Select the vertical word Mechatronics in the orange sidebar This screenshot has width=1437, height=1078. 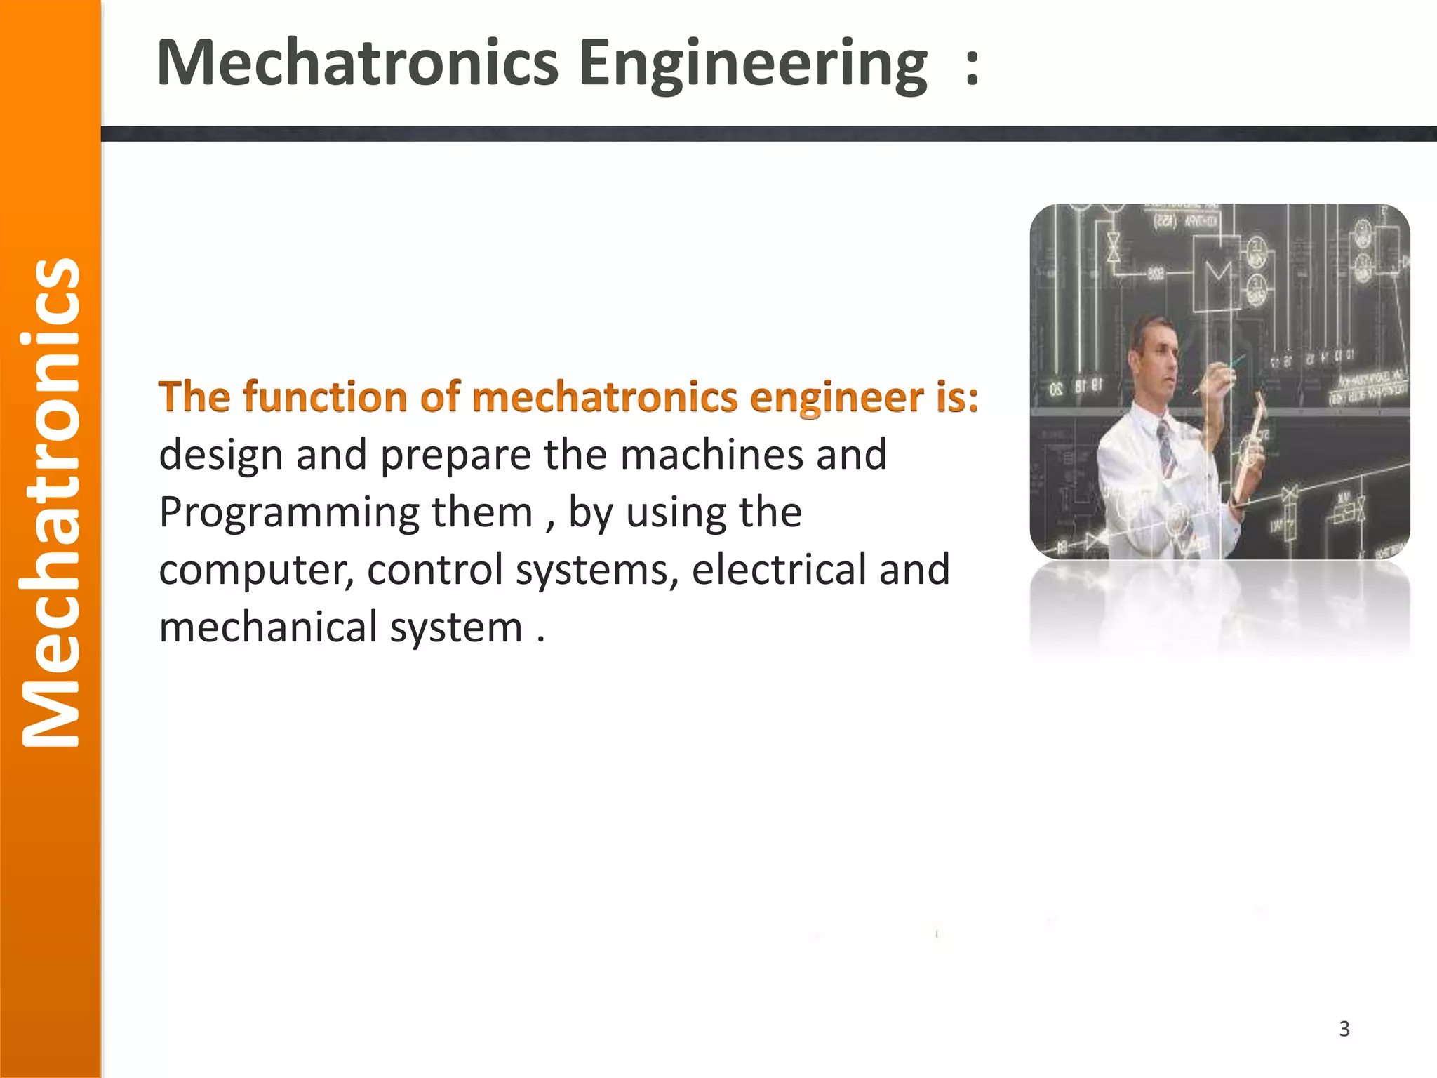(51, 503)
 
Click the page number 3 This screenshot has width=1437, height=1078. (1344, 1029)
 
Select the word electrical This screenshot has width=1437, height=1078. (779, 569)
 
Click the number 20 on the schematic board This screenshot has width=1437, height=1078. (1057, 388)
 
